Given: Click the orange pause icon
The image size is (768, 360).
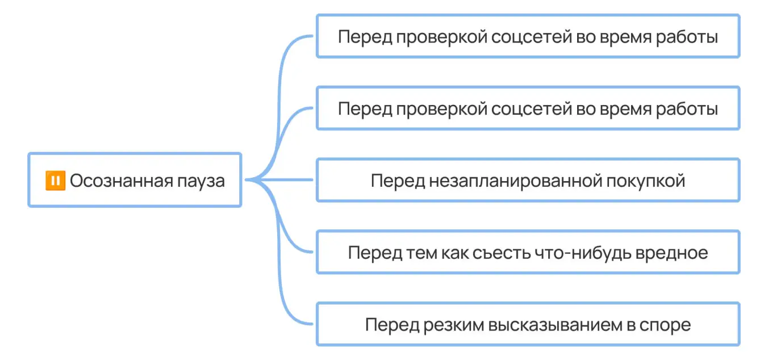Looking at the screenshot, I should (x=55, y=181).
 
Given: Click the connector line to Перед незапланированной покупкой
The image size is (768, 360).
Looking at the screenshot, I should (x=284, y=180).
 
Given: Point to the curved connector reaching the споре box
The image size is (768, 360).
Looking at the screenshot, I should (x=284, y=295).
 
